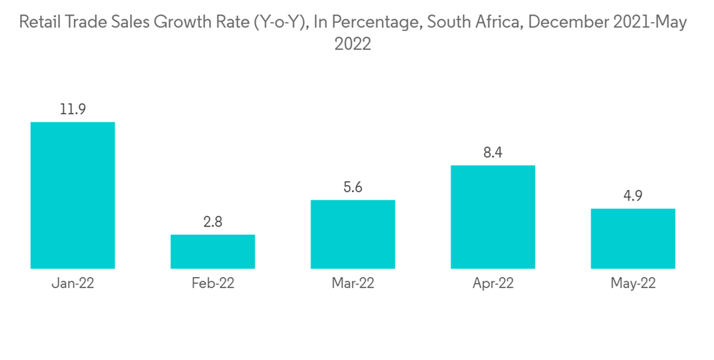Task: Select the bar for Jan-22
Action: pyautogui.click(x=73, y=195)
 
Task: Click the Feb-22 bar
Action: pyautogui.click(x=213, y=251)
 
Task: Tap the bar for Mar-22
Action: pyautogui.click(x=353, y=234)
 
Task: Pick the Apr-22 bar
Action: pyautogui.click(x=493, y=217)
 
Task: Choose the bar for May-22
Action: pyautogui.click(x=633, y=239)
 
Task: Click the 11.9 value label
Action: pyautogui.click(x=73, y=109)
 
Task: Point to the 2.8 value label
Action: pyautogui.click(x=213, y=222)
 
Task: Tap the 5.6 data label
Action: pyautogui.click(x=353, y=187)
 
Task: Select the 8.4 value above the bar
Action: pyautogui.click(x=493, y=153)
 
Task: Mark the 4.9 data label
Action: pyautogui.click(x=633, y=196)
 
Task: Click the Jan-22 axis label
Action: pyautogui.click(x=73, y=283)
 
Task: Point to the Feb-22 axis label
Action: pyautogui.click(x=213, y=283)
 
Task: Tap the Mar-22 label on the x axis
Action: pyautogui.click(x=353, y=283)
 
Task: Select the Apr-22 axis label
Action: pyautogui.click(x=493, y=283)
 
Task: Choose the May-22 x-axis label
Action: pyautogui.click(x=633, y=283)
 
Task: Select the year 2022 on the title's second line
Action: pyautogui.click(x=353, y=44)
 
